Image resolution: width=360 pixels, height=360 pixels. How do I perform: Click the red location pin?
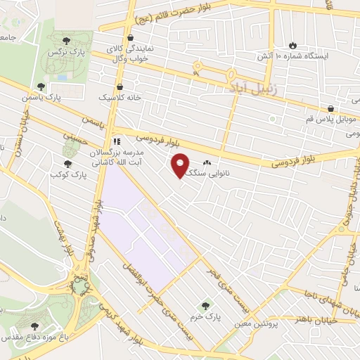click(x=181, y=165)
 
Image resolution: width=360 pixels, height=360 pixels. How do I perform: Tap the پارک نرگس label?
click(x=61, y=53)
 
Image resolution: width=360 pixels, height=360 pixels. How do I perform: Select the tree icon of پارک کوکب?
click(x=67, y=165)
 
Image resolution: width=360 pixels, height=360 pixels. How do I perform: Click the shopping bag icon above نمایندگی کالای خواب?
click(x=129, y=38)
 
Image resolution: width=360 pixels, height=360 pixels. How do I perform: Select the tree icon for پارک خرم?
click(x=205, y=305)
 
